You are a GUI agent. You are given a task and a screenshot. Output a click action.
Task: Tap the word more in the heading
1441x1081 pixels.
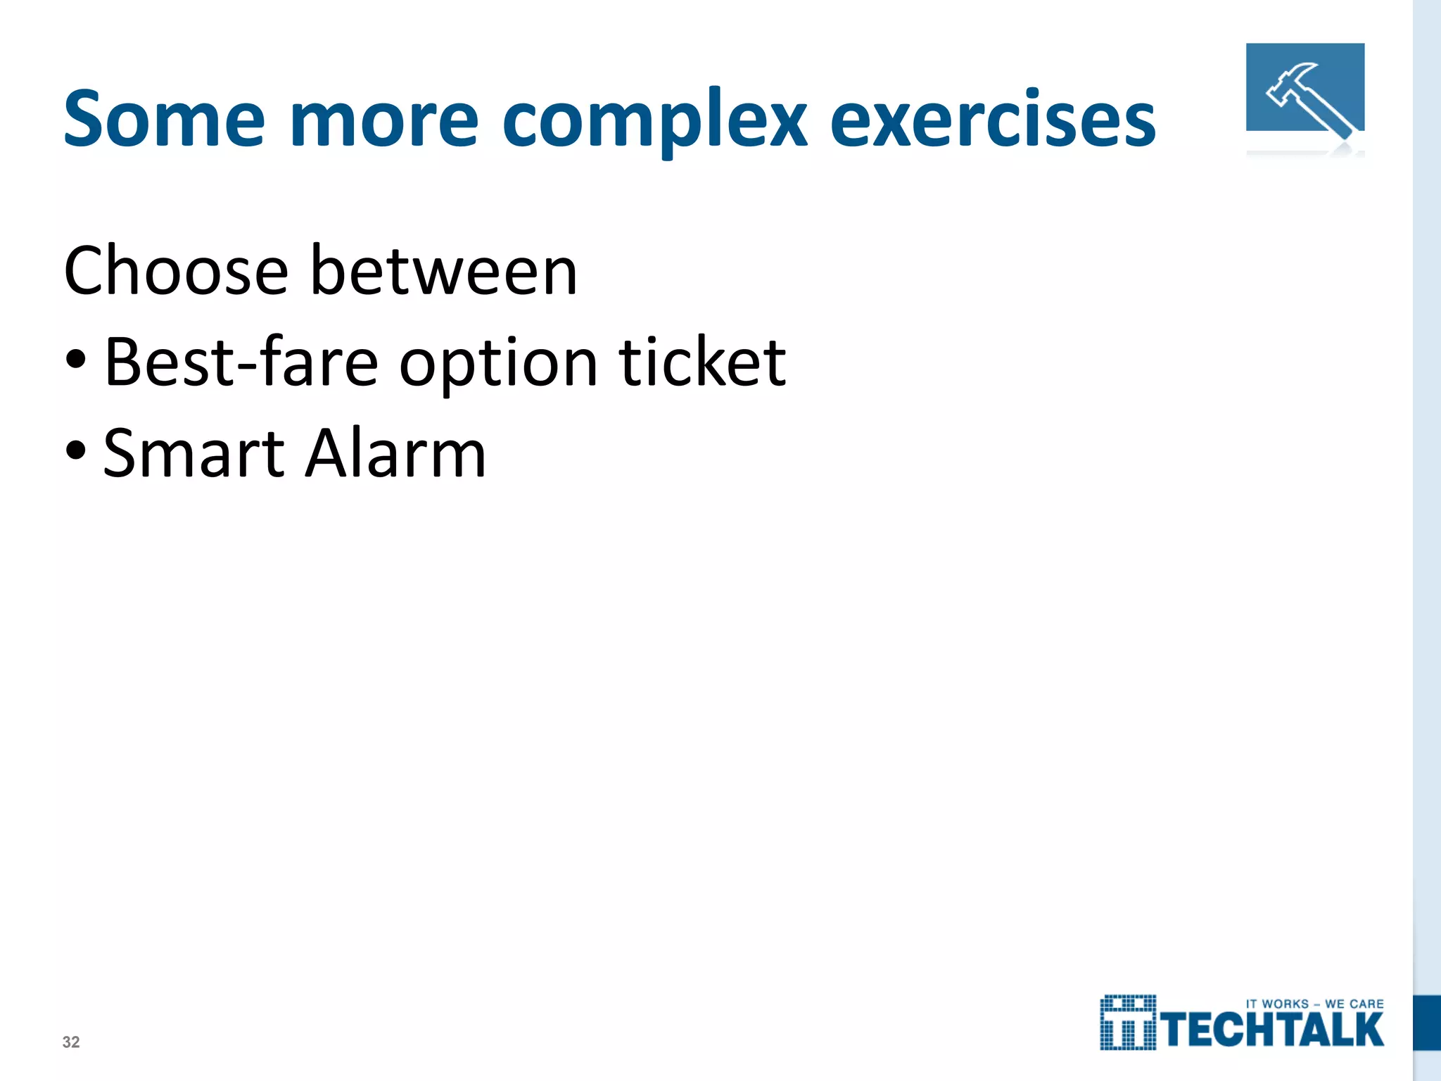pos(383,120)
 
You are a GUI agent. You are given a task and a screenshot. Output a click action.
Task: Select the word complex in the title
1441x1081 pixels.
pos(654,120)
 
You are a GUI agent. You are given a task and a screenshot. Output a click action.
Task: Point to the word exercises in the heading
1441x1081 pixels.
pos(993,120)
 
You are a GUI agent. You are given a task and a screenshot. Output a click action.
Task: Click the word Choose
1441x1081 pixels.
pos(176,271)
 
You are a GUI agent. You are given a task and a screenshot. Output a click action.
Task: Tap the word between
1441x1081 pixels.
pos(443,271)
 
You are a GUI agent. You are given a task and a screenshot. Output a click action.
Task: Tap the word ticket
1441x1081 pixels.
pos(702,362)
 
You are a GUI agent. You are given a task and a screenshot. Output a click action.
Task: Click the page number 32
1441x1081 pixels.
pos(71,1042)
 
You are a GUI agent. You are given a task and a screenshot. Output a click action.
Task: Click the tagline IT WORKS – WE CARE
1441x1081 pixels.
pos(1314,1004)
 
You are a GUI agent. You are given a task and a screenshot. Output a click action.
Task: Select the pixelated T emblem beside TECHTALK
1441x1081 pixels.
pos(1128,1023)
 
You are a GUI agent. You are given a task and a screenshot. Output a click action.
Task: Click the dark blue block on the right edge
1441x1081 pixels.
pos(1427,1023)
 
